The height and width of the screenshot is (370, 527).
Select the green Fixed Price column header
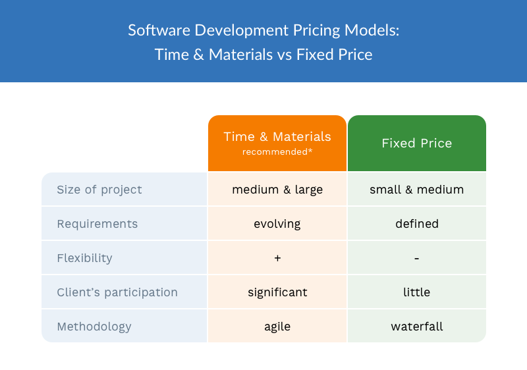pos(416,143)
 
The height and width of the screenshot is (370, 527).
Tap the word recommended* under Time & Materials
pos(277,152)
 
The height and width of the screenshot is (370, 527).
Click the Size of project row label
pos(99,190)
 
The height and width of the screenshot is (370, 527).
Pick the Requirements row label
pos(97,224)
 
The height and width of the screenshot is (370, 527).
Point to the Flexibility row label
pos(84,258)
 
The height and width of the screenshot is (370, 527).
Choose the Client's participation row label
pos(117,292)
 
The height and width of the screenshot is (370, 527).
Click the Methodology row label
pos(94,327)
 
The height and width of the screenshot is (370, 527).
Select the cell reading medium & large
pos(277,190)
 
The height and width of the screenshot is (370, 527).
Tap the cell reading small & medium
pos(416,190)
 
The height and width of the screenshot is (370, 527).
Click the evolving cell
pos(277,224)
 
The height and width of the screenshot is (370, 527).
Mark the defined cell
pos(416,224)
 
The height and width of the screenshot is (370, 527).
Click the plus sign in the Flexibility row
pos(277,258)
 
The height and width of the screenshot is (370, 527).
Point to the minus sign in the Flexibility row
pos(416,258)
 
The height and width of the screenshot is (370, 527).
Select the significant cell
pos(277,292)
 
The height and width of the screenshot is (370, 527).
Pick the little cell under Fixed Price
pos(416,292)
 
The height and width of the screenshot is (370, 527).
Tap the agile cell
pos(277,327)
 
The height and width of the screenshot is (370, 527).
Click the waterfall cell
pos(416,327)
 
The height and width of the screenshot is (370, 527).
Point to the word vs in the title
pos(285,55)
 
